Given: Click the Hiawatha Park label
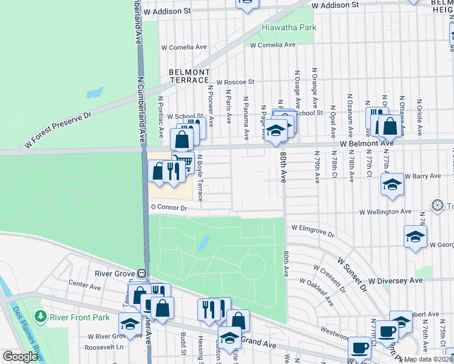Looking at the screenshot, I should [x=289, y=28].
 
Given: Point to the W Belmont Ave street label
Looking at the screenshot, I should [x=367, y=144].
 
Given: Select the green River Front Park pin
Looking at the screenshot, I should [x=41, y=316].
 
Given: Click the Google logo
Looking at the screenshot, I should [x=20, y=357].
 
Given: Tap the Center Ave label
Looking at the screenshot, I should [x=84, y=283].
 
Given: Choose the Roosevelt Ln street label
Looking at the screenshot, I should [x=104, y=347].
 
